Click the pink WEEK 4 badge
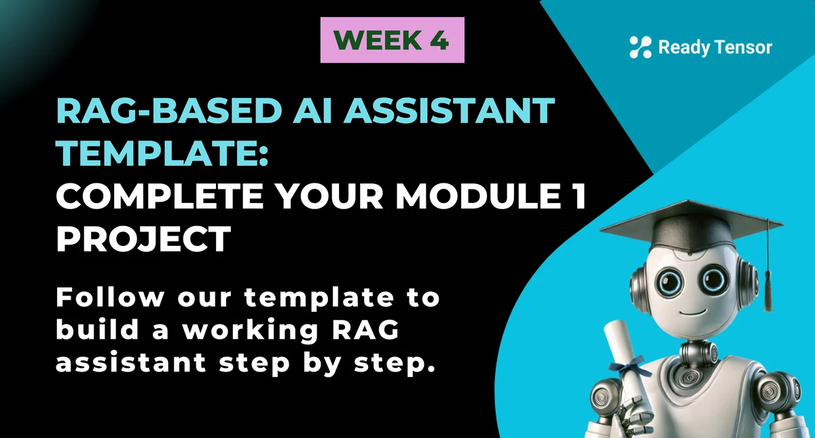(392, 40)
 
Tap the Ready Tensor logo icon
(640, 47)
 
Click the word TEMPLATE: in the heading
(162, 154)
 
